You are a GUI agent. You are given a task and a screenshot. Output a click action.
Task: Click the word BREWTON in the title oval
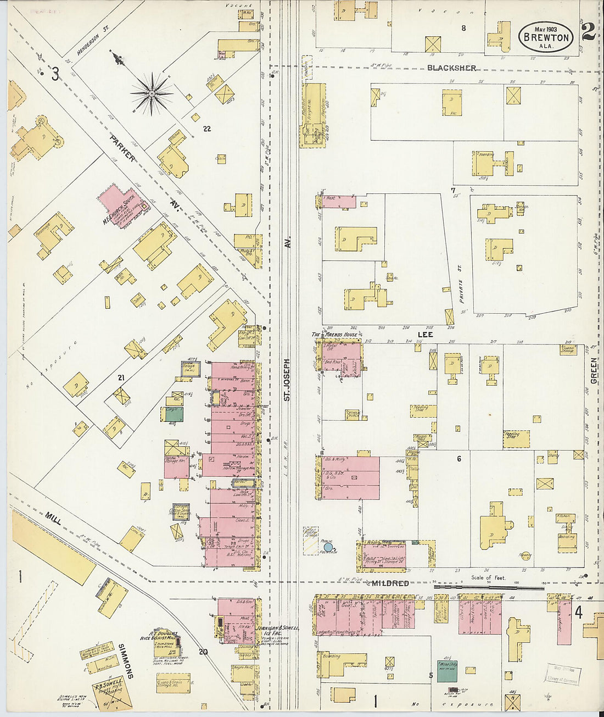546,37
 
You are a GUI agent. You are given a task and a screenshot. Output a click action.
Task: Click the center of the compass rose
151,94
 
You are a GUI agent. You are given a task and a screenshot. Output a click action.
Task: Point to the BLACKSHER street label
452,68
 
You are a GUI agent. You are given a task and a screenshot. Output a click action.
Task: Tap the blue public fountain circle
328,547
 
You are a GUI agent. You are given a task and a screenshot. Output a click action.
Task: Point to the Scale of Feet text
489,577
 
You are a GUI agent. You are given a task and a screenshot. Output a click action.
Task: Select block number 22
207,129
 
